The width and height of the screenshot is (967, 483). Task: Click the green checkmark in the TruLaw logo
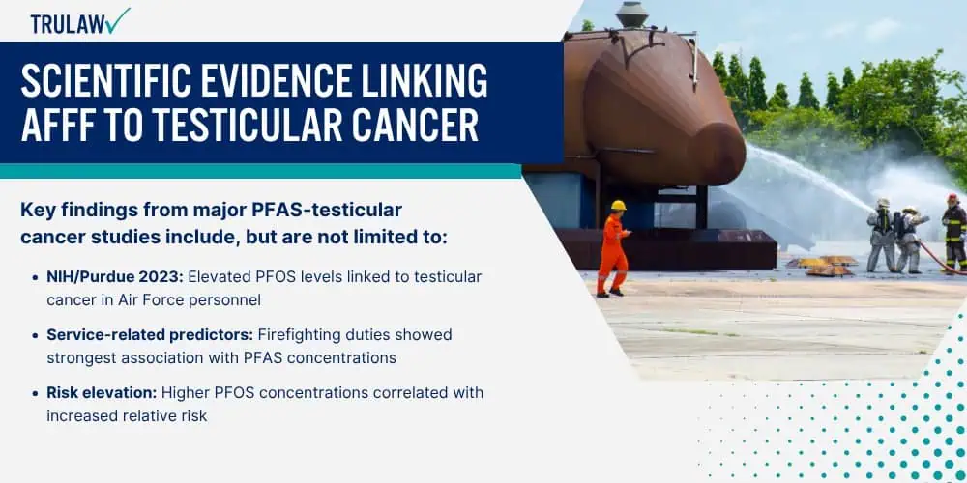click(x=117, y=20)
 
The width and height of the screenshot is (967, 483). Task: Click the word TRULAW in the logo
click(x=68, y=23)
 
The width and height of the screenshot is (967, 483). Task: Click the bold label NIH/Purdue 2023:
click(x=115, y=277)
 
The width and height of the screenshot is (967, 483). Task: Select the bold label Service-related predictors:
click(x=150, y=335)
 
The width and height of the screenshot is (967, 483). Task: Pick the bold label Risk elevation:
click(x=102, y=393)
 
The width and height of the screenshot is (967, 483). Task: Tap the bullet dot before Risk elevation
click(x=35, y=394)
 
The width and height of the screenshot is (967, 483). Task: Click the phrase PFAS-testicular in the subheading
click(x=327, y=210)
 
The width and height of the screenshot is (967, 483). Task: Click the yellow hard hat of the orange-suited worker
click(x=618, y=205)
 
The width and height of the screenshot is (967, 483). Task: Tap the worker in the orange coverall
click(x=614, y=248)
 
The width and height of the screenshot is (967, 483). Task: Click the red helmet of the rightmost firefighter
click(x=952, y=198)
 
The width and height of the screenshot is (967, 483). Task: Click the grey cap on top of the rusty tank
click(x=632, y=14)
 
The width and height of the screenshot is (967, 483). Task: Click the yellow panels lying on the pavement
click(x=823, y=265)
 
